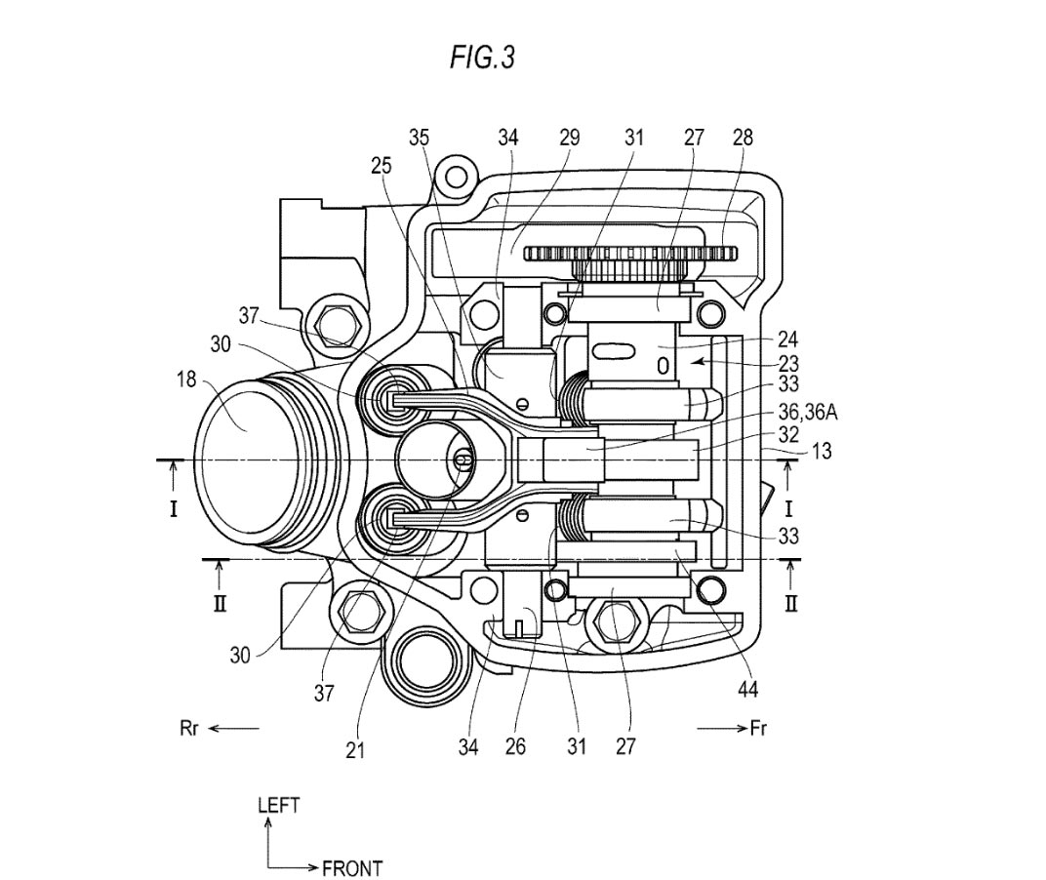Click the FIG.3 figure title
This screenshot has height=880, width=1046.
pos(482,58)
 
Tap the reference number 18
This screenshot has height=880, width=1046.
pos(186,379)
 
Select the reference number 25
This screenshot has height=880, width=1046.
pos(382,166)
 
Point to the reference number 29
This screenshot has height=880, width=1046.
pos(569,138)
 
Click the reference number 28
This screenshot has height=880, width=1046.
pos(743,138)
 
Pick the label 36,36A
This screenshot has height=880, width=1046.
pos(808,413)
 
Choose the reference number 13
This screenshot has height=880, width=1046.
pos(822,452)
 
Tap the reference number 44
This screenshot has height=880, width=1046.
pos(747,689)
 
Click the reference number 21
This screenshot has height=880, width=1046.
pos(355,750)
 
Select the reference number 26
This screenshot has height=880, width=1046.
pos(515,746)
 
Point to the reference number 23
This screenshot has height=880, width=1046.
pos(788,364)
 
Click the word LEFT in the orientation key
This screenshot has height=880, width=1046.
pos(278,805)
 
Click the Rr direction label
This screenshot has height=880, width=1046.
pos(189,728)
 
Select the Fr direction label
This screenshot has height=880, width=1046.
pos(758,728)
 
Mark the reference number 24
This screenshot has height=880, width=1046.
pos(788,340)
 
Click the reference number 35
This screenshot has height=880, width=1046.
pos(419,138)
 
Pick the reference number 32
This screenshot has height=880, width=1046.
pos(788,435)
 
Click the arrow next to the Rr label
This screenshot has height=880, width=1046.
pos(233,729)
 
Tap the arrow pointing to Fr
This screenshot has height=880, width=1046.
pos(722,729)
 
